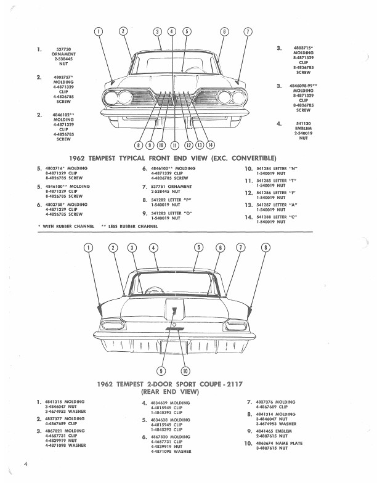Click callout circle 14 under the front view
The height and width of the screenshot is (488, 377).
(x=210, y=145)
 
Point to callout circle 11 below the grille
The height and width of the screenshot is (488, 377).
(x=174, y=145)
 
